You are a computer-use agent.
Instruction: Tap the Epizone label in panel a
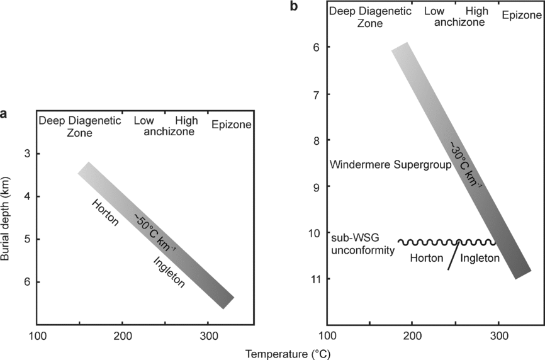[x=231, y=125]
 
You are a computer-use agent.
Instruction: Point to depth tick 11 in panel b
[x=312, y=278]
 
